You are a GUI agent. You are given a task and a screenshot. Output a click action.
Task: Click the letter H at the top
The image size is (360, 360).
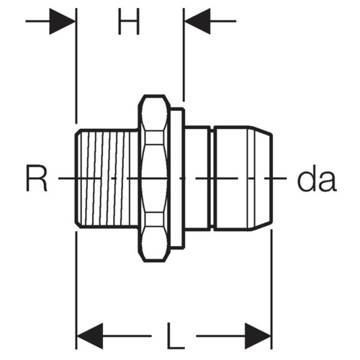(x=129, y=21)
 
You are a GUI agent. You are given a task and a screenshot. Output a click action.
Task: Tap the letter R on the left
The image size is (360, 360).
(x=37, y=178)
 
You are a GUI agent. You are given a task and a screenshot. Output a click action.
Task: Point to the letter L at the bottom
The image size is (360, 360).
(x=176, y=336)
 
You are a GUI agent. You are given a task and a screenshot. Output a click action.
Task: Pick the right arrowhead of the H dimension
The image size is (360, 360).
(x=197, y=21)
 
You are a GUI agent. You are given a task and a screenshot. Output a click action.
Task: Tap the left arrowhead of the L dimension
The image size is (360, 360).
(x=90, y=336)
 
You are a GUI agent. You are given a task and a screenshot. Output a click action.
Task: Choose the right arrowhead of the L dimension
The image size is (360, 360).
(x=258, y=336)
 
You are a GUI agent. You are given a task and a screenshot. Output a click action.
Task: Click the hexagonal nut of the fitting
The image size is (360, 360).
(x=154, y=178)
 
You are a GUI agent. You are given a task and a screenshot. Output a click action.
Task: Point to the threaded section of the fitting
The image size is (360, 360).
(x=107, y=178)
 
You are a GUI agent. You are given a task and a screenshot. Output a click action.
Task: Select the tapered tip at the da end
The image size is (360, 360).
(x=261, y=178)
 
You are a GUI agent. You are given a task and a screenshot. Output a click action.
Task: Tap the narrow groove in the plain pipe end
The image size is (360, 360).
(x=212, y=178)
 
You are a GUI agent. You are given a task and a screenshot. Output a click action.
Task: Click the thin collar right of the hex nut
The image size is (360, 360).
(x=178, y=178)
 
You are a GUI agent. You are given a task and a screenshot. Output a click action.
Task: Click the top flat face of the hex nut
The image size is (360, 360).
(x=154, y=96)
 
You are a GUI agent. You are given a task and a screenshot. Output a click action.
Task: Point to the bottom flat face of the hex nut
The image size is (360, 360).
(x=154, y=261)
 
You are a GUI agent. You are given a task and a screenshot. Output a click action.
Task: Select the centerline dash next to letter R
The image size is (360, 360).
(x=67, y=178)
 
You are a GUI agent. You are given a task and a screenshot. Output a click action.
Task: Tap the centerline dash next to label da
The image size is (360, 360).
(x=276, y=178)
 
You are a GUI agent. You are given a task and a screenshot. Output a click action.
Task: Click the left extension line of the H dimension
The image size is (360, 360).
(x=76, y=66)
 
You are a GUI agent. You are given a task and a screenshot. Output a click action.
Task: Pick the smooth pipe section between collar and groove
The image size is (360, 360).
(x=198, y=178)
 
